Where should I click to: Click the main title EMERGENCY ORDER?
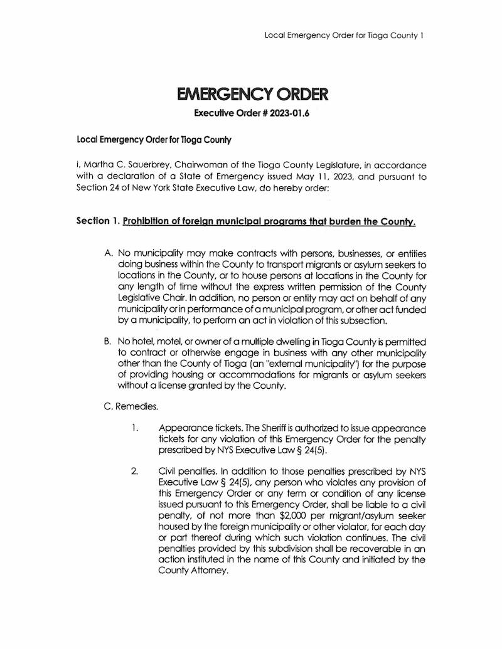pos(252,95)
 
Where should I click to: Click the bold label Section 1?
pos(98,221)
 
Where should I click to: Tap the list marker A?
pos(108,254)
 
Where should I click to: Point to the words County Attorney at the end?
pos(186,572)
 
